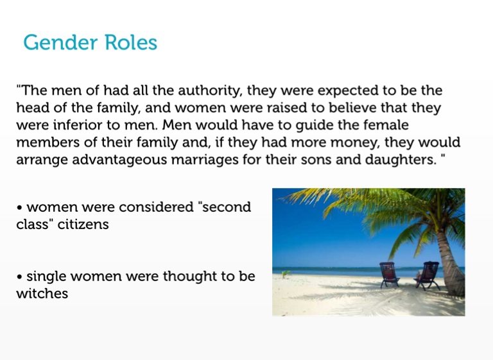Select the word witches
pos(42,294)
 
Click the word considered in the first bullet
pos(156,207)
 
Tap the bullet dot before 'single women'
pos(20,277)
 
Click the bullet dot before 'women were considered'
pos(20,208)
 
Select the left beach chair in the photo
pos(390,275)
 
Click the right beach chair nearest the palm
pos(428,275)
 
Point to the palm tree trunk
pos(450,264)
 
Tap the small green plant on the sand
pos(286,273)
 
